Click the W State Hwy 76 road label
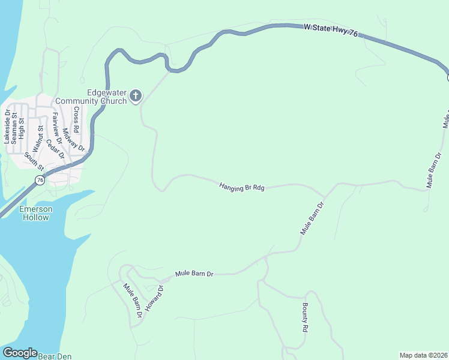(331, 31)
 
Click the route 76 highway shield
(40, 180)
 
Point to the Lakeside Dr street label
(7, 127)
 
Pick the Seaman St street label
(14, 127)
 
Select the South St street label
(34, 161)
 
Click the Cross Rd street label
(76, 119)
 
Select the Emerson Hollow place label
(35, 213)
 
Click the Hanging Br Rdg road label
(242, 187)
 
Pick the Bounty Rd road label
(305, 318)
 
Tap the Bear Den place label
(55, 356)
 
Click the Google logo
(19, 353)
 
